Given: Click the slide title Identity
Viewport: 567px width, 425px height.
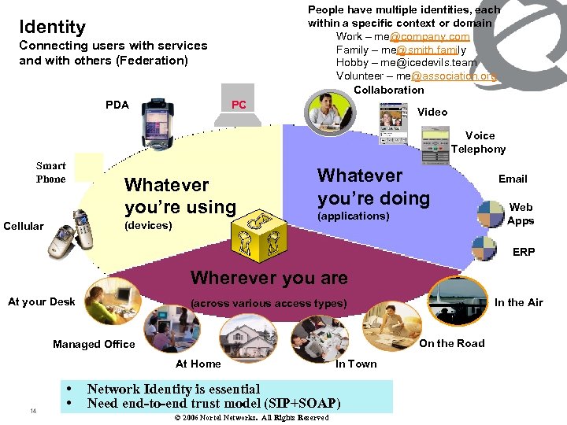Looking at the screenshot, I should coord(52,27).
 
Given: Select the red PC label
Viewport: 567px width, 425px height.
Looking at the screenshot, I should coord(239,105).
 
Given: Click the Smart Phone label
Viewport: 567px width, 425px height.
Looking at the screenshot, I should coord(51,172).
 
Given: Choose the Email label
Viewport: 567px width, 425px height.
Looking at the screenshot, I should coord(513,179).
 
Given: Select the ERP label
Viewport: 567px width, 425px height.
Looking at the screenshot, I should coord(524,252).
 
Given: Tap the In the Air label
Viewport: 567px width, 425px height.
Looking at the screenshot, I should coord(518,302).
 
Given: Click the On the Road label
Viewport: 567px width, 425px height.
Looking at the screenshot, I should coord(451,343).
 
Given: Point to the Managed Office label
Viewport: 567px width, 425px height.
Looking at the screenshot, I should coord(94,344).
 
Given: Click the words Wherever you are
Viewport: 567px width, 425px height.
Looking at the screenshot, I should coord(269,278).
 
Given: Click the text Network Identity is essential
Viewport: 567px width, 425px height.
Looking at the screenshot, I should coord(173,389).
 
